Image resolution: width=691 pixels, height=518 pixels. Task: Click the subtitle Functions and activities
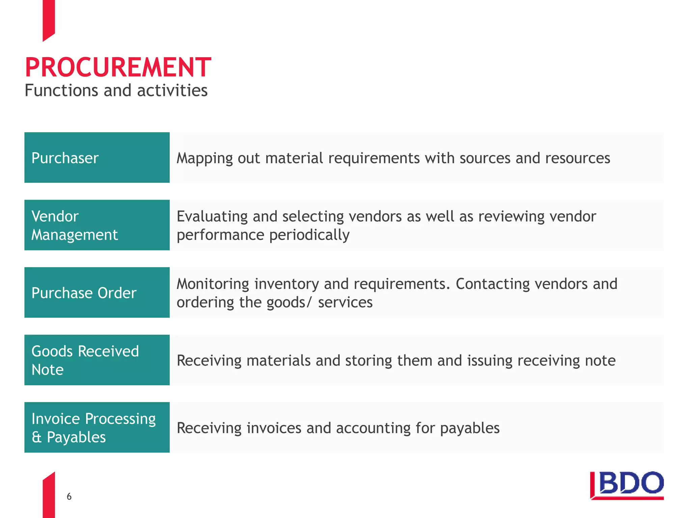click(x=116, y=90)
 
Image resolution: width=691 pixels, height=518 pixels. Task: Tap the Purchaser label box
click(x=97, y=157)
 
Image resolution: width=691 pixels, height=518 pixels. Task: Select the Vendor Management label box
click(x=97, y=225)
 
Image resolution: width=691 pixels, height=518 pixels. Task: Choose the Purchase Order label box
click(x=97, y=292)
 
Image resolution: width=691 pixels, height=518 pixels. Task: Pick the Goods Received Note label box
click(x=97, y=360)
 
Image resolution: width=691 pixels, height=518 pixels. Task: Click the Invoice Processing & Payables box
click(x=97, y=427)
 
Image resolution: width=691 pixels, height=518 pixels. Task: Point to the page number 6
click(x=69, y=496)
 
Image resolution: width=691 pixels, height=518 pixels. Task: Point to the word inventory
click(x=286, y=284)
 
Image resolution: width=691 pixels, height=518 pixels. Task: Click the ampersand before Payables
click(x=36, y=437)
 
